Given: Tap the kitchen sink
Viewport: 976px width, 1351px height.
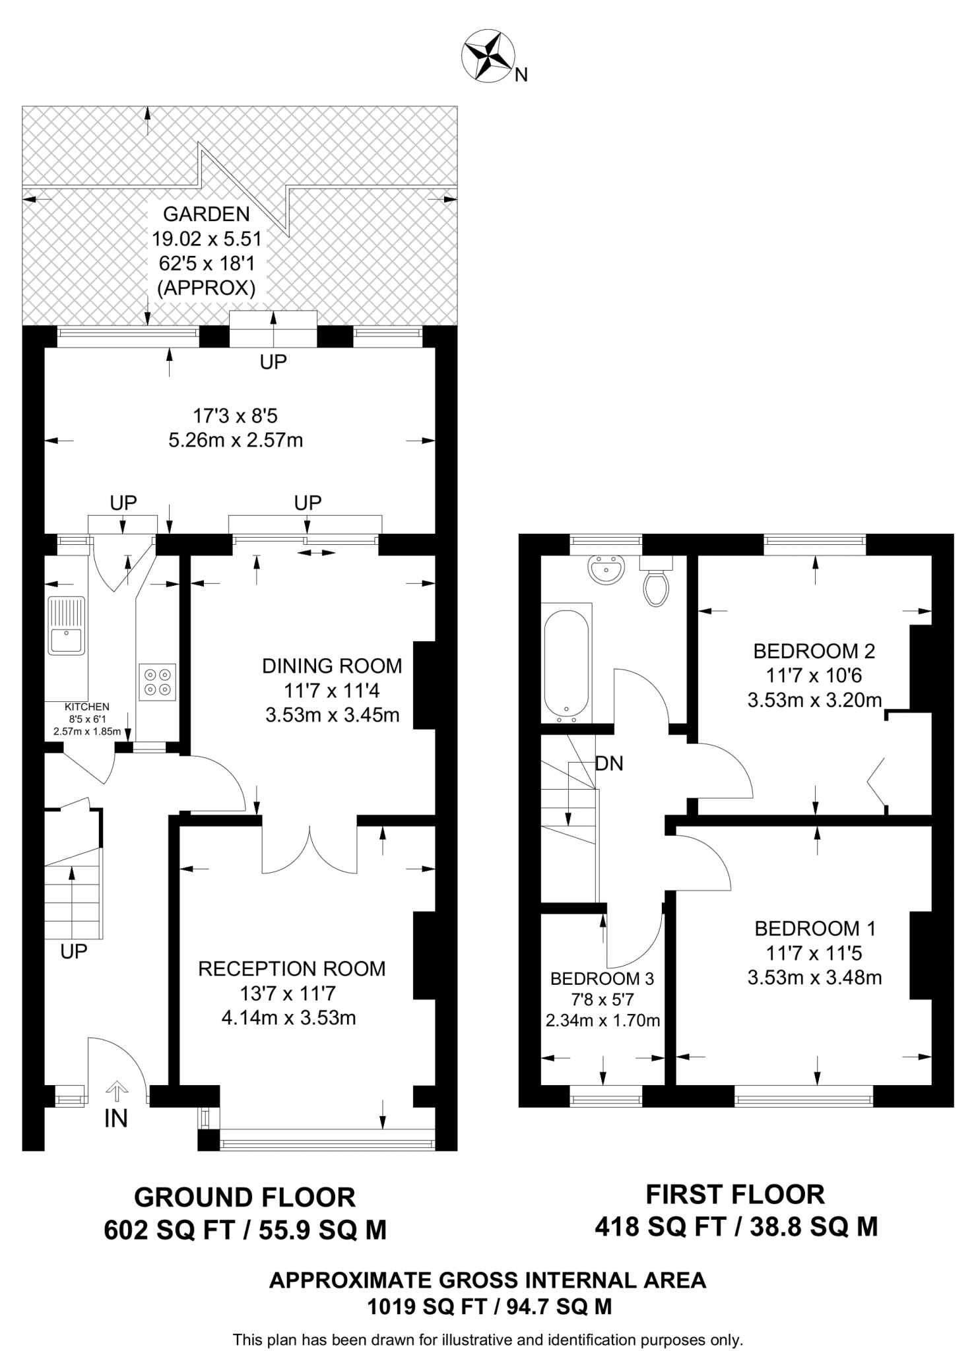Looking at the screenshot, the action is point(66,625).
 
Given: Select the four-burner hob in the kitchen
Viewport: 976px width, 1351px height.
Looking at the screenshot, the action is point(158,682).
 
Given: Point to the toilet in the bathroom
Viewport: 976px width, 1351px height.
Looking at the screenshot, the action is point(656,581).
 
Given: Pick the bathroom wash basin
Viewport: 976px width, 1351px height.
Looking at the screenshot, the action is point(606,569).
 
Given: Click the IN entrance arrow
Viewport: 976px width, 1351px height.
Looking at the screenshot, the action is point(117,1091).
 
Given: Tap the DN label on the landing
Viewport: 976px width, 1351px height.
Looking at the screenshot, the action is point(609,764).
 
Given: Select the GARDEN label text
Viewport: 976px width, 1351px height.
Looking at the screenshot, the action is point(207,214).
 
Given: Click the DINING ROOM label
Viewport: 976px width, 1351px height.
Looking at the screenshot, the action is point(333,666).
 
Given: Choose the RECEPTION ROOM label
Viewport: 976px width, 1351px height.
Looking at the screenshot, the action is point(292,968).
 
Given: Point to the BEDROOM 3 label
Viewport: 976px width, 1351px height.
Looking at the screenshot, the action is point(602,978).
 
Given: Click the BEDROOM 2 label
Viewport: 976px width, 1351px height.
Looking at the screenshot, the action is point(814,651).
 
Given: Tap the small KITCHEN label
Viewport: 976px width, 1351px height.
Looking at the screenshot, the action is point(87,707).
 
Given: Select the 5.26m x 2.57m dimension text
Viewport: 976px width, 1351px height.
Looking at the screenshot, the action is point(236,440).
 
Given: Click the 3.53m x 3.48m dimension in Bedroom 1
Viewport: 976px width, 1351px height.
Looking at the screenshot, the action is point(815,977).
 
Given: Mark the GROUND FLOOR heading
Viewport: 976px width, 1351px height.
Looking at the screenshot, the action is point(245,1197).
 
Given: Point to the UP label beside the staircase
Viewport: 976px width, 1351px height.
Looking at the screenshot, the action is point(74,951).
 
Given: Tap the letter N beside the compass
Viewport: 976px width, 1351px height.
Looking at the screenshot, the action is point(521,75).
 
